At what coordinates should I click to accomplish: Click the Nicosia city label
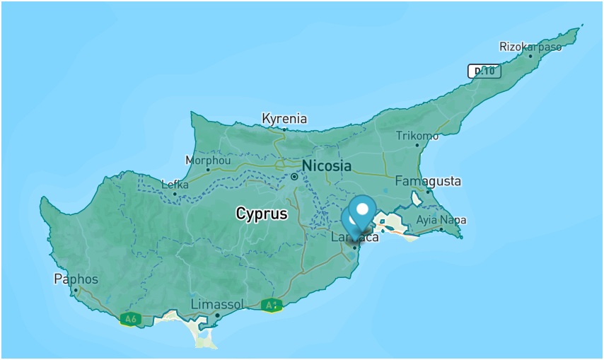coord(326,166)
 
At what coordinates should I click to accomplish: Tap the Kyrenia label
coord(284,118)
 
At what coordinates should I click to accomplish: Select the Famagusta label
coord(427,181)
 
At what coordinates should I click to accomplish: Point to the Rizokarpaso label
coord(530,47)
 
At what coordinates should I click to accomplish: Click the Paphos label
coord(76,279)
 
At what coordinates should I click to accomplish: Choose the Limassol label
coord(217,304)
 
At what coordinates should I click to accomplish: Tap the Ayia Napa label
coord(441,220)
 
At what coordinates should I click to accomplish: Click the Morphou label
coord(208,161)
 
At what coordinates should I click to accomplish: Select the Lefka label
coord(175,185)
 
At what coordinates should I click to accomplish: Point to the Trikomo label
coord(417,136)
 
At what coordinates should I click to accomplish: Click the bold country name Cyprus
coord(262,214)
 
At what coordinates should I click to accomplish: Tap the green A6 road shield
coord(129,319)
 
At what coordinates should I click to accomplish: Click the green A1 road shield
coord(272,306)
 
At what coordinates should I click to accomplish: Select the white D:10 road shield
coord(484,71)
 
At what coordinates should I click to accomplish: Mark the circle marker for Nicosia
coord(294,176)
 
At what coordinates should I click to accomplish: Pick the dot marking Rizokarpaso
coord(530,56)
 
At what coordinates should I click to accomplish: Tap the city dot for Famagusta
coord(428,192)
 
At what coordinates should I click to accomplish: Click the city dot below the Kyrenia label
coord(284,129)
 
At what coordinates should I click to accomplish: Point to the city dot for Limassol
coord(218,315)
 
